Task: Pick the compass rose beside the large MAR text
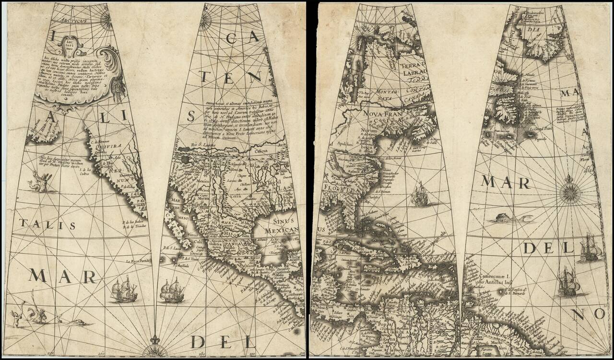tap(569, 191)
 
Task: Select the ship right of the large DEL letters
tap(588, 248)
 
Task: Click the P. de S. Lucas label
tap(171, 248)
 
